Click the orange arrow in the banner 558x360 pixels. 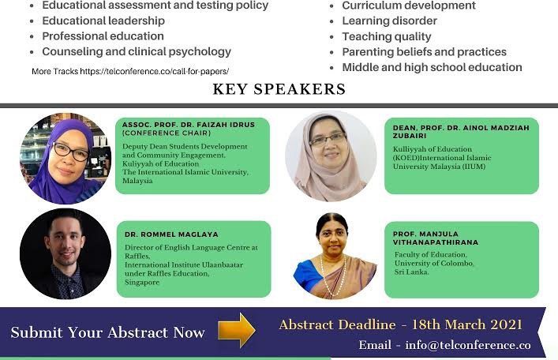pyautogui.click(x=237, y=330)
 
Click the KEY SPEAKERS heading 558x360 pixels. pyautogui.click(x=279, y=89)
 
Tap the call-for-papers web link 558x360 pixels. pyautogui.click(x=154, y=71)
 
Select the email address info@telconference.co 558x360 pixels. pyautogui.click(x=468, y=345)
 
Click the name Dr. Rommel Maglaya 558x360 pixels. pyautogui.click(x=171, y=234)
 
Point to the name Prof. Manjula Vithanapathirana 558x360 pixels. pyautogui.click(x=436, y=238)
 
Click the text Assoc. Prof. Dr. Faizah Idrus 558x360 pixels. pyautogui.click(x=189, y=125)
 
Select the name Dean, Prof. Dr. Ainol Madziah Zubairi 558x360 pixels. pyautogui.click(x=461, y=131)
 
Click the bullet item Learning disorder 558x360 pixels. pyautogui.click(x=389, y=21)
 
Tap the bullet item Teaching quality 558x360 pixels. pyautogui.click(x=387, y=36)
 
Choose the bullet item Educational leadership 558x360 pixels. pyautogui.click(x=103, y=21)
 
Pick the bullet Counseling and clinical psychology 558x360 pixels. pyautogui.click(x=137, y=51)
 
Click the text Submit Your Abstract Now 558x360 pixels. pyautogui.click(x=107, y=332)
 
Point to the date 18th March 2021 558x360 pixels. pyautogui.click(x=466, y=324)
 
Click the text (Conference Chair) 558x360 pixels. pyautogui.click(x=167, y=133)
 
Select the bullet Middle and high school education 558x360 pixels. pyautogui.click(x=432, y=67)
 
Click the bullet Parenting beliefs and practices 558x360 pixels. pyautogui.click(x=424, y=52)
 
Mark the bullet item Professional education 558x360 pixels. pyautogui.click(x=103, y=36)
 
